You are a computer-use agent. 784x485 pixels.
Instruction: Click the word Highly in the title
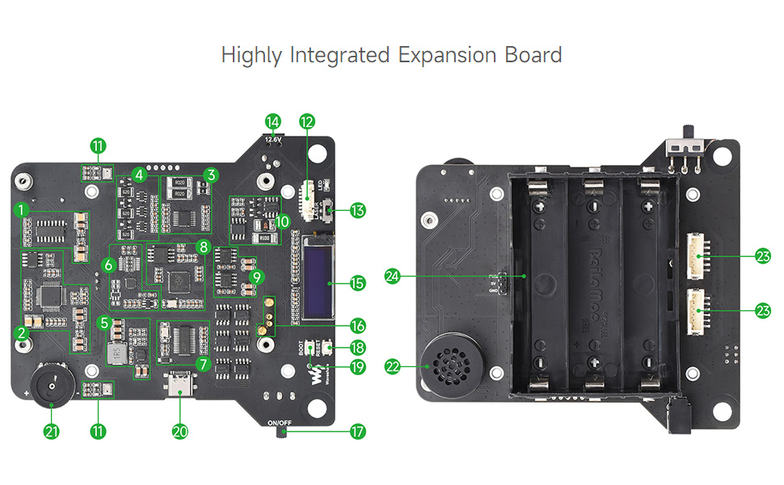[x=251, y=55]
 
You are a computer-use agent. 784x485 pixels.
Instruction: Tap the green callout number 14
[x=273, y=122]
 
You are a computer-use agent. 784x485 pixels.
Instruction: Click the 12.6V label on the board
[x=273, y=139]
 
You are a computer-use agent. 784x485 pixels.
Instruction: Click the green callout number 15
[x=357, y=283]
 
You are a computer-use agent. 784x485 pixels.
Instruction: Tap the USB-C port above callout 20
[x=180, y=386]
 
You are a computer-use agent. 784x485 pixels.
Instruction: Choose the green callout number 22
[x=393, y=367]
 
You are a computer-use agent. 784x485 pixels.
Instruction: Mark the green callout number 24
[x=393, y=276]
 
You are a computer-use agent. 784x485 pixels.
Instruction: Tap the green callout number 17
[x=357, y=432]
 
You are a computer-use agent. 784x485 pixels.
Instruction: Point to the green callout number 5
[x=103, y=323]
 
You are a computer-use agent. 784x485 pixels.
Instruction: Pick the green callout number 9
[x=257, y=276]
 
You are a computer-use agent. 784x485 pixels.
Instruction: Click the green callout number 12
[x=306, y=122]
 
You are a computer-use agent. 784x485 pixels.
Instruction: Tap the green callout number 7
[x=202, y=365]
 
